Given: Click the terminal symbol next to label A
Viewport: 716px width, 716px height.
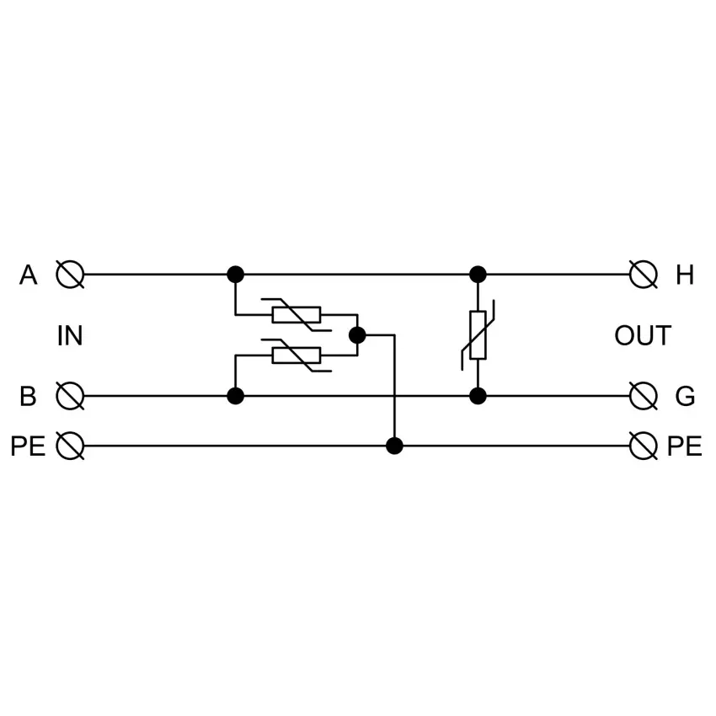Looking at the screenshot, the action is [70, 275].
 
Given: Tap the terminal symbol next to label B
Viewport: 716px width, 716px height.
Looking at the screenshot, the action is [70, 396].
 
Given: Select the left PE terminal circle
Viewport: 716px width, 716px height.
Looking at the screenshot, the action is [70, 446].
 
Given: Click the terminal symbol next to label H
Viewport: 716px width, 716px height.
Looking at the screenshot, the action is [643, 275].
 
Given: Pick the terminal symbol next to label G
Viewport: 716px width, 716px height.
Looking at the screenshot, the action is [643, 396].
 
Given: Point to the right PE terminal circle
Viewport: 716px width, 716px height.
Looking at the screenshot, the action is [643, 446].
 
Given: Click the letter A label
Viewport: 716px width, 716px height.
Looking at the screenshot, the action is [28, 275].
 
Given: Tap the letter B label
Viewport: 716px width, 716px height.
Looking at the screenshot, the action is [28, 397].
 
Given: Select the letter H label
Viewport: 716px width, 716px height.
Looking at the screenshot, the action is [685, 275].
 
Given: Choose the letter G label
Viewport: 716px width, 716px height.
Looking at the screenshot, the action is [685, 397].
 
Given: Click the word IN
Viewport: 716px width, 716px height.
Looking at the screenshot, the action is [70, 335].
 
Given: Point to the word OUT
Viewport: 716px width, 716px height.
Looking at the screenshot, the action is [643, 335].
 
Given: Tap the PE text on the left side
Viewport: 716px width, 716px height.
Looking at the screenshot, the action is [28, 446].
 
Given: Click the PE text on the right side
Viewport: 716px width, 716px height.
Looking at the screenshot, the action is [685, 446].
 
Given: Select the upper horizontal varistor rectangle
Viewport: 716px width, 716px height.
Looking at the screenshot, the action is [297, 315].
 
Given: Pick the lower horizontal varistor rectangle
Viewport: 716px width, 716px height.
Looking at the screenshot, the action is [297, 355].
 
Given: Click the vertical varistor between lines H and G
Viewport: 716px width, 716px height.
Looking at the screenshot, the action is [478, 335].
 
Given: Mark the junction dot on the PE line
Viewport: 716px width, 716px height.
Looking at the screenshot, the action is [394, 446].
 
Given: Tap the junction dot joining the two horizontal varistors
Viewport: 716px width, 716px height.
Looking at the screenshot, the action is [357, 335].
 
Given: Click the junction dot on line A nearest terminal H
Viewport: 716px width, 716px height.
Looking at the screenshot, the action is [478, 275].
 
